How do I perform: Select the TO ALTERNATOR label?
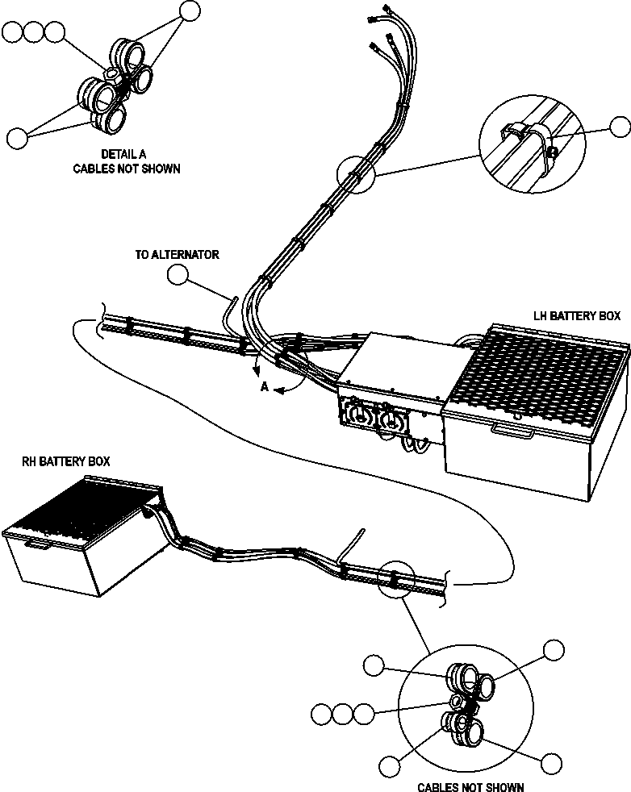click(x=177, y=255)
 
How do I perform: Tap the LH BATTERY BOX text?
click(x=577, y=316)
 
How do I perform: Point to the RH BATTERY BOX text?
click(x=65, y=461)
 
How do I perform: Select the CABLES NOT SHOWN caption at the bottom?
click(x=470, y=787)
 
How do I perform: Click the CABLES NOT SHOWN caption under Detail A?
click(x=127, y=169)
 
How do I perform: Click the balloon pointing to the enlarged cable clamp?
click(x=620, y=127)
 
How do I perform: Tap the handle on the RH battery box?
click(x=35, y=545)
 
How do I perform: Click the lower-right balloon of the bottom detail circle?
click(x=552, y=764)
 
